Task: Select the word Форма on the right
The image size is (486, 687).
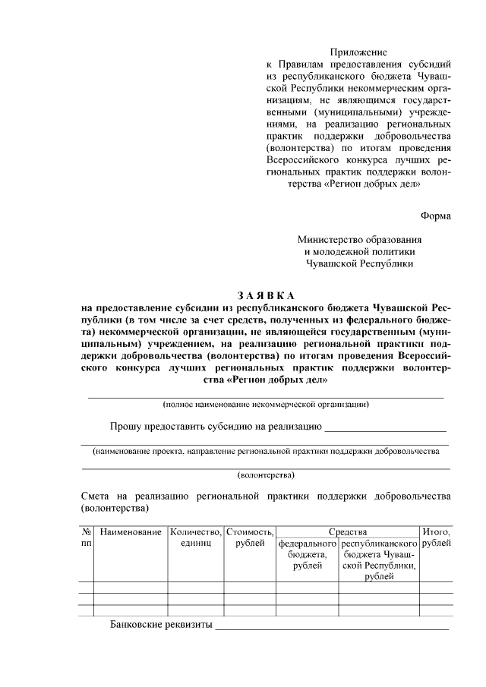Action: click(x=436, y=216)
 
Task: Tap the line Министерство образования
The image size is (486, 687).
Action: click(x=359, y=239)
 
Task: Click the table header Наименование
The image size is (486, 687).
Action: click(x=131, y=532)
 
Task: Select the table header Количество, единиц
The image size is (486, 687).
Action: click(x=195, y=537)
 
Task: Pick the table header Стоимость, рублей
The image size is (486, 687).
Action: click(x=249, y=537)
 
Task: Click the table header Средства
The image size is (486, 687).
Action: click(x=348, y=532)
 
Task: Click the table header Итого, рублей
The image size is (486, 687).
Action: click(x=436, y=537)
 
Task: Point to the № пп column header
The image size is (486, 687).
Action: click(x=86, y=537)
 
